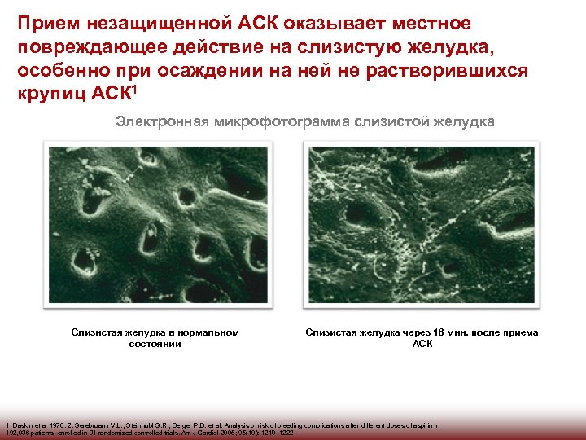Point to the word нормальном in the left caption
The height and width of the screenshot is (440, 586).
(x=214, y=332)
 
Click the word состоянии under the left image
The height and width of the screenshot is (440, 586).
(x=155, y=344)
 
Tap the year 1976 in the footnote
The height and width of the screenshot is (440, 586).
(x=59, y=425)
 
